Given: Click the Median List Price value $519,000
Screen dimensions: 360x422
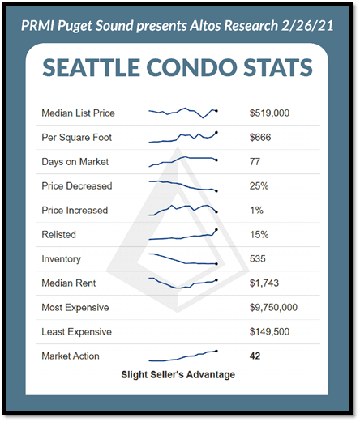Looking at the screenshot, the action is point(269,113).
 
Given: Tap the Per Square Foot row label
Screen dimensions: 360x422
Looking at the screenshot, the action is point(77,137).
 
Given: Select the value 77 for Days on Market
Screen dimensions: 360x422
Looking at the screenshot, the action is point(255,161).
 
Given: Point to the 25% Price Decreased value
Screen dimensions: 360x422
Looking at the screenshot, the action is point(259,185).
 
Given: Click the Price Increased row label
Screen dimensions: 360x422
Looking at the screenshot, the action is point(75,210).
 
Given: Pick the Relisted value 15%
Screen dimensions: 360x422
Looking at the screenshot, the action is point(259,234).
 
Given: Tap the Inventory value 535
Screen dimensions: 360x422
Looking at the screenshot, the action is point(258,258).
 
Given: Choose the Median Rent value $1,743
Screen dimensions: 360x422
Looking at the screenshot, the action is point(264,283).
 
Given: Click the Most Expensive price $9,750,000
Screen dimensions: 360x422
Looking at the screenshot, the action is point(273,307).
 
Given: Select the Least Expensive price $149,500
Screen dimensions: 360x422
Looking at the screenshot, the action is point(269,331).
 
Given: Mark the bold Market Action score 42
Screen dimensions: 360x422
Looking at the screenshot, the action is point(255,356).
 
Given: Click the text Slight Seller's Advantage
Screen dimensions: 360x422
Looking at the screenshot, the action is point(178,375).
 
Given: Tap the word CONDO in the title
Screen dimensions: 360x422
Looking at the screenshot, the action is point(191,67).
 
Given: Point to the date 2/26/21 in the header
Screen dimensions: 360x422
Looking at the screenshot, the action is point(307,26).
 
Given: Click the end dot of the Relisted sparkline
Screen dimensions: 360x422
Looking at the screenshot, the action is point(216,229).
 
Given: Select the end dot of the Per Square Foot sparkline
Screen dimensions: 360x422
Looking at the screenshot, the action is point(216,132).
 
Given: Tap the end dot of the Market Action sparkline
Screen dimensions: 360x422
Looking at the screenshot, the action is point(216,351).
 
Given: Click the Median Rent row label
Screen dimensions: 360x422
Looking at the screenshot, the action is point(69,283).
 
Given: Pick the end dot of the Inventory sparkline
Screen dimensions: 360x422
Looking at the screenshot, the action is point(216,264).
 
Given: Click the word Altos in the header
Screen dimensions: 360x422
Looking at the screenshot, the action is point(206,26).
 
